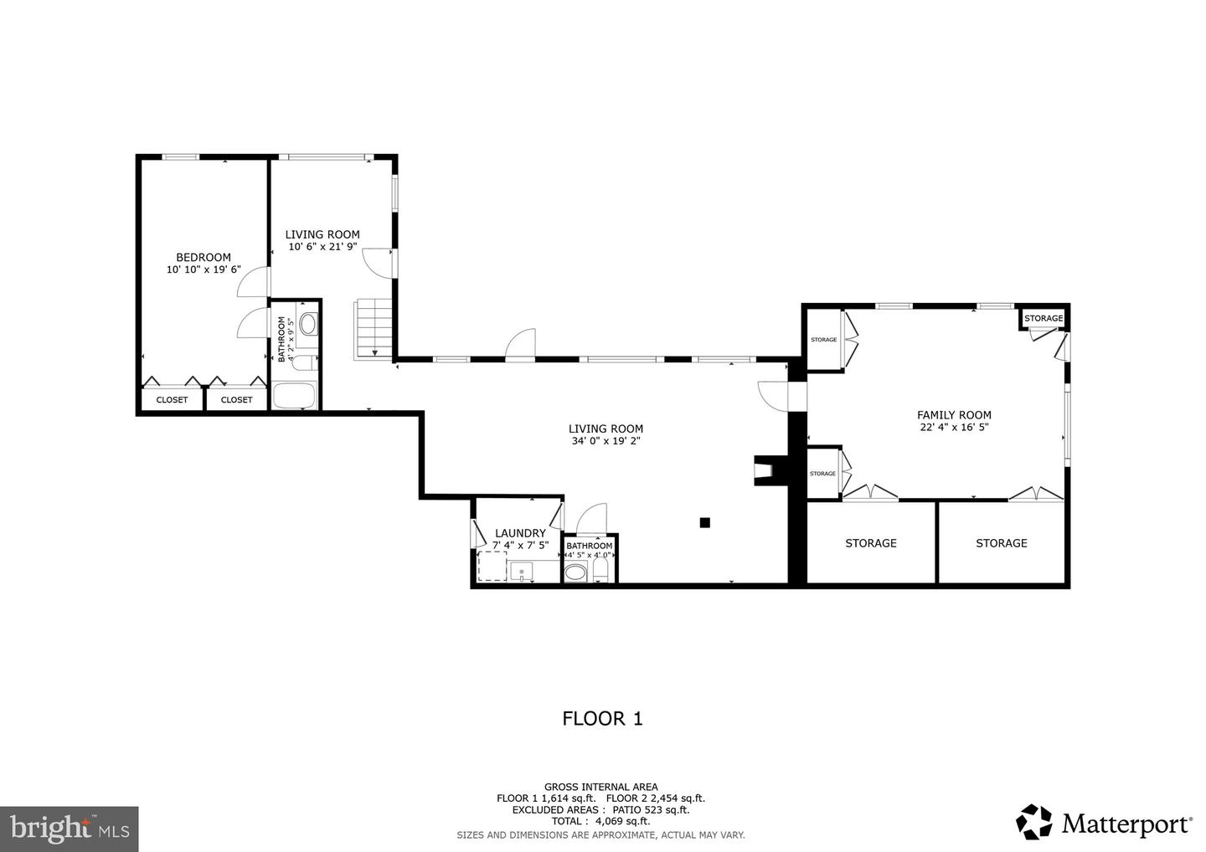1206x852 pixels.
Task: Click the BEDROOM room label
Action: point(203,257)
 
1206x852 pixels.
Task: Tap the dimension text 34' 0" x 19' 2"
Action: point(606,441)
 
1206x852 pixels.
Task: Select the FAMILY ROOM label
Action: point(954,414)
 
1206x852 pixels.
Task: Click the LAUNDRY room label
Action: point(520,533)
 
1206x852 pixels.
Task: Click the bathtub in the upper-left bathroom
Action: point(294,396)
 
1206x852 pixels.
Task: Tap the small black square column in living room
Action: point(705,523)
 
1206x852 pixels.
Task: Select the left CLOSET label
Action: point(172,400)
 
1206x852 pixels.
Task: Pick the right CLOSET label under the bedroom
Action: point(236,400)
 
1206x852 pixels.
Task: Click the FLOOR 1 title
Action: point(602,718)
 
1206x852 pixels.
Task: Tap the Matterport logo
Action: point(1105,823)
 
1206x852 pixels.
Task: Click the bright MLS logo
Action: point(69,829)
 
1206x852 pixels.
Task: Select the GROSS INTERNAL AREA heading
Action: point(600,787)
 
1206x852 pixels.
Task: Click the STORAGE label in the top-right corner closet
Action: point(1044,318)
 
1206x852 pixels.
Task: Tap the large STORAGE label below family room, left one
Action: point(870,543)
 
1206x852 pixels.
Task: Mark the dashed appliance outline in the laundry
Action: point(492,566)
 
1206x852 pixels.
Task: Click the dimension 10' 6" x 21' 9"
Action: point(322,247)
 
